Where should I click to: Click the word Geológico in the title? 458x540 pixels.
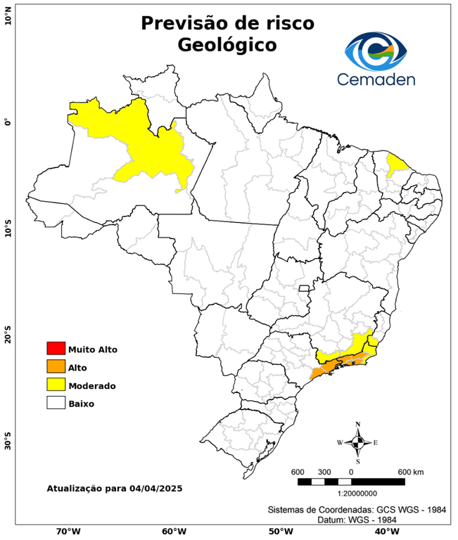tap(227, 45)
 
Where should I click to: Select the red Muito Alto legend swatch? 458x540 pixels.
tap(56, 349)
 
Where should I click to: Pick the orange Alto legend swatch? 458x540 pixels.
tap(56, 367)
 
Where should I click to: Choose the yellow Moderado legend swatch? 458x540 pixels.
tap(56, 385)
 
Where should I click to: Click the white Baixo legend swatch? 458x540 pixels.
tap(56, 404)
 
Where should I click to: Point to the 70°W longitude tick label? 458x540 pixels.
tap(68, 532)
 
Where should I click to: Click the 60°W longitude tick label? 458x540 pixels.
tap(174, 532)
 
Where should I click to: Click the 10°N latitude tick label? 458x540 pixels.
tap(8, 16)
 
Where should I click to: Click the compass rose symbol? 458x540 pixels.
tap(357, 442)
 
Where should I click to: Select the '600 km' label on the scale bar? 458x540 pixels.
tap(411, 471)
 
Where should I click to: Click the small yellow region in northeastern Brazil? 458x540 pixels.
tap(398, 165)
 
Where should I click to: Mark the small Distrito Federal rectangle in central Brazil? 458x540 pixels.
tap(305, 288)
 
